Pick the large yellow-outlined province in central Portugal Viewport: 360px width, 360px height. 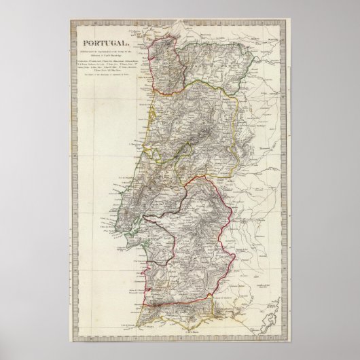197,129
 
